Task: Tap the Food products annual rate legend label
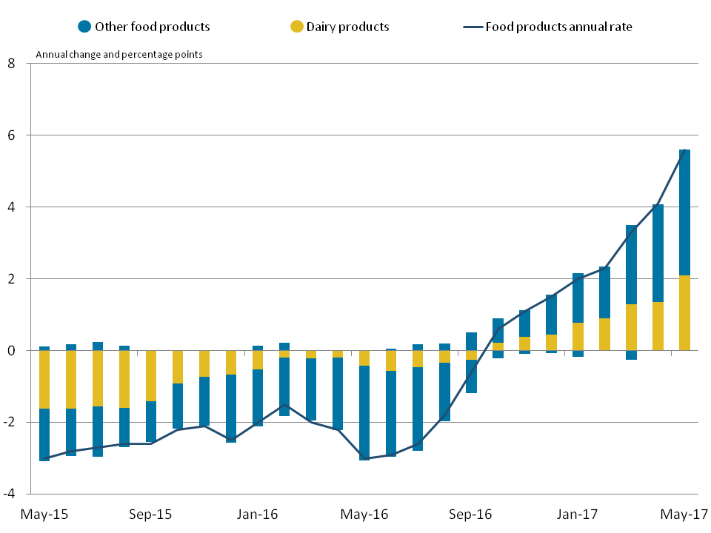tap(558, 27)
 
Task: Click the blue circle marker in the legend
tap(84, 27)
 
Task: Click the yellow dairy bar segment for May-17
tap(684, 312)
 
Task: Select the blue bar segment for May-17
tap(684, 212)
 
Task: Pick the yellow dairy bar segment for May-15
tap(44, 379)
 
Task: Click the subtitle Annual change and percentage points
tap(119, 54)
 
